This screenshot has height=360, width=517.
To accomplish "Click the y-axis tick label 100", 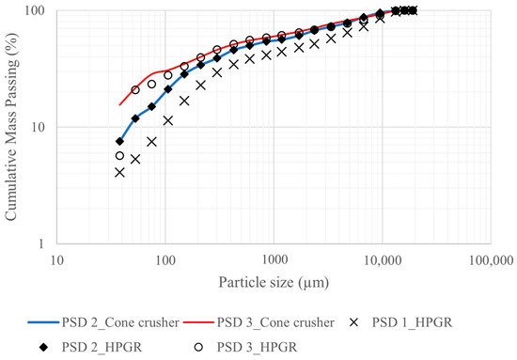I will (38, 11).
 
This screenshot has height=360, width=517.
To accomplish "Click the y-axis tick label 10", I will (40, 127).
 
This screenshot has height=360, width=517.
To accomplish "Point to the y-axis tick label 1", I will (44, 243).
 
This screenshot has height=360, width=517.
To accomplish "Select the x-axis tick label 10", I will (56, 258).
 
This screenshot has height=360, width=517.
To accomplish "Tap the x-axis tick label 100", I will (165, 258).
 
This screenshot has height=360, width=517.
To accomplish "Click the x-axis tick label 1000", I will (274, 258).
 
